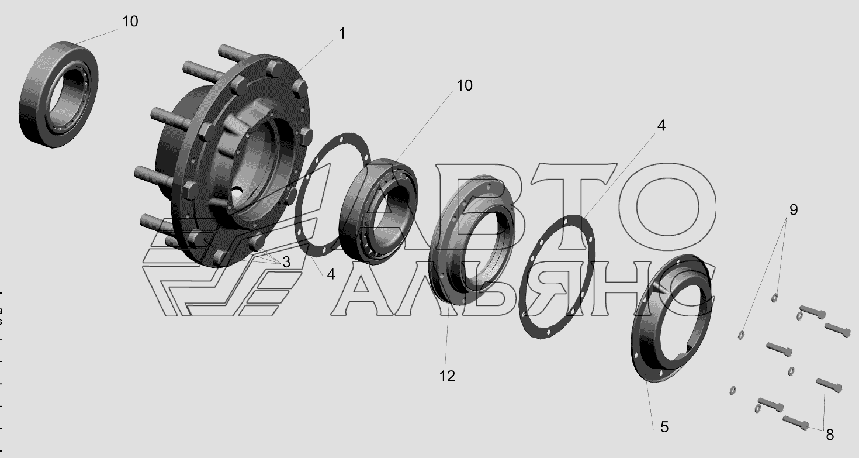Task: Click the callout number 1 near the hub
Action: tap(342, 34)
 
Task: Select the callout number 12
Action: tap(447, 376)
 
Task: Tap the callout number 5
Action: tap(664, 427)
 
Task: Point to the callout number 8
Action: tap(830, 435)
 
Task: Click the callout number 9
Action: tap(794, 209)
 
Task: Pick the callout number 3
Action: tap(286, 262)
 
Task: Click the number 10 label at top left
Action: tap(130, 22)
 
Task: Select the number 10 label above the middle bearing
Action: tap(465, 85)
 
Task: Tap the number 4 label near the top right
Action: tap(661, 126)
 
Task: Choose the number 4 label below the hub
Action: tap(331, 274)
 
